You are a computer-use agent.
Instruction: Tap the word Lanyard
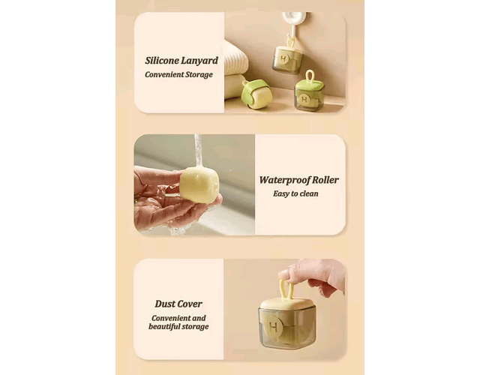(199, 61)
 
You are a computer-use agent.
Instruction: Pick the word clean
(309, 193)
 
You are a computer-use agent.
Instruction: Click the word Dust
(165, 304)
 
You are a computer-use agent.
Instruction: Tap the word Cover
(190, 304)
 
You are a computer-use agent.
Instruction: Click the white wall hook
(294, 22)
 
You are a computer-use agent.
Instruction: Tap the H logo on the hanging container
(283, 58)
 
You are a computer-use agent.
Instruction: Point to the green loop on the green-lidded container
(310, 77)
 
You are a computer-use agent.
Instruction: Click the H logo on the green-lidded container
(304, 99)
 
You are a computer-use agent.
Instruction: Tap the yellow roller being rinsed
(199, 184)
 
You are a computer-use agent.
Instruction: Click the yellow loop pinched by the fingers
(286, 290)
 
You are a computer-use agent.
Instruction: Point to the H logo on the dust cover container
(274, 327)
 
